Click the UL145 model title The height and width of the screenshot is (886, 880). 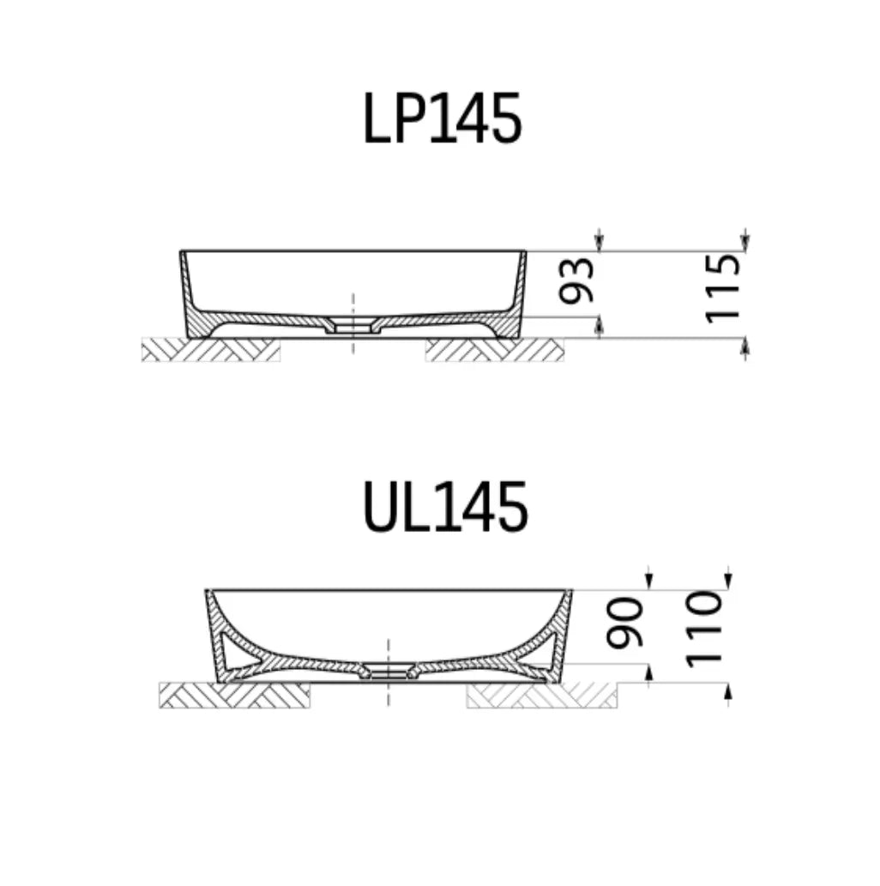[444, 508]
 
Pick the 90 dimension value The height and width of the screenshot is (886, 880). [625, 623]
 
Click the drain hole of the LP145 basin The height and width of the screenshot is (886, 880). [353, 328]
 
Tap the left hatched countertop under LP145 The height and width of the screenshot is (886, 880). [210, 349]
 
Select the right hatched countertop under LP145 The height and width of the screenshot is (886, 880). [494, 349]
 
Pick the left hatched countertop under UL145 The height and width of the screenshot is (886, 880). [234, 695]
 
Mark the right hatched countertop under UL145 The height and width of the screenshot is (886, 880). [542, 695]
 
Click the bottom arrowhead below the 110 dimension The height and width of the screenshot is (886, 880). [727, 693]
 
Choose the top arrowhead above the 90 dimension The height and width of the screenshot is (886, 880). [648, 580]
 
